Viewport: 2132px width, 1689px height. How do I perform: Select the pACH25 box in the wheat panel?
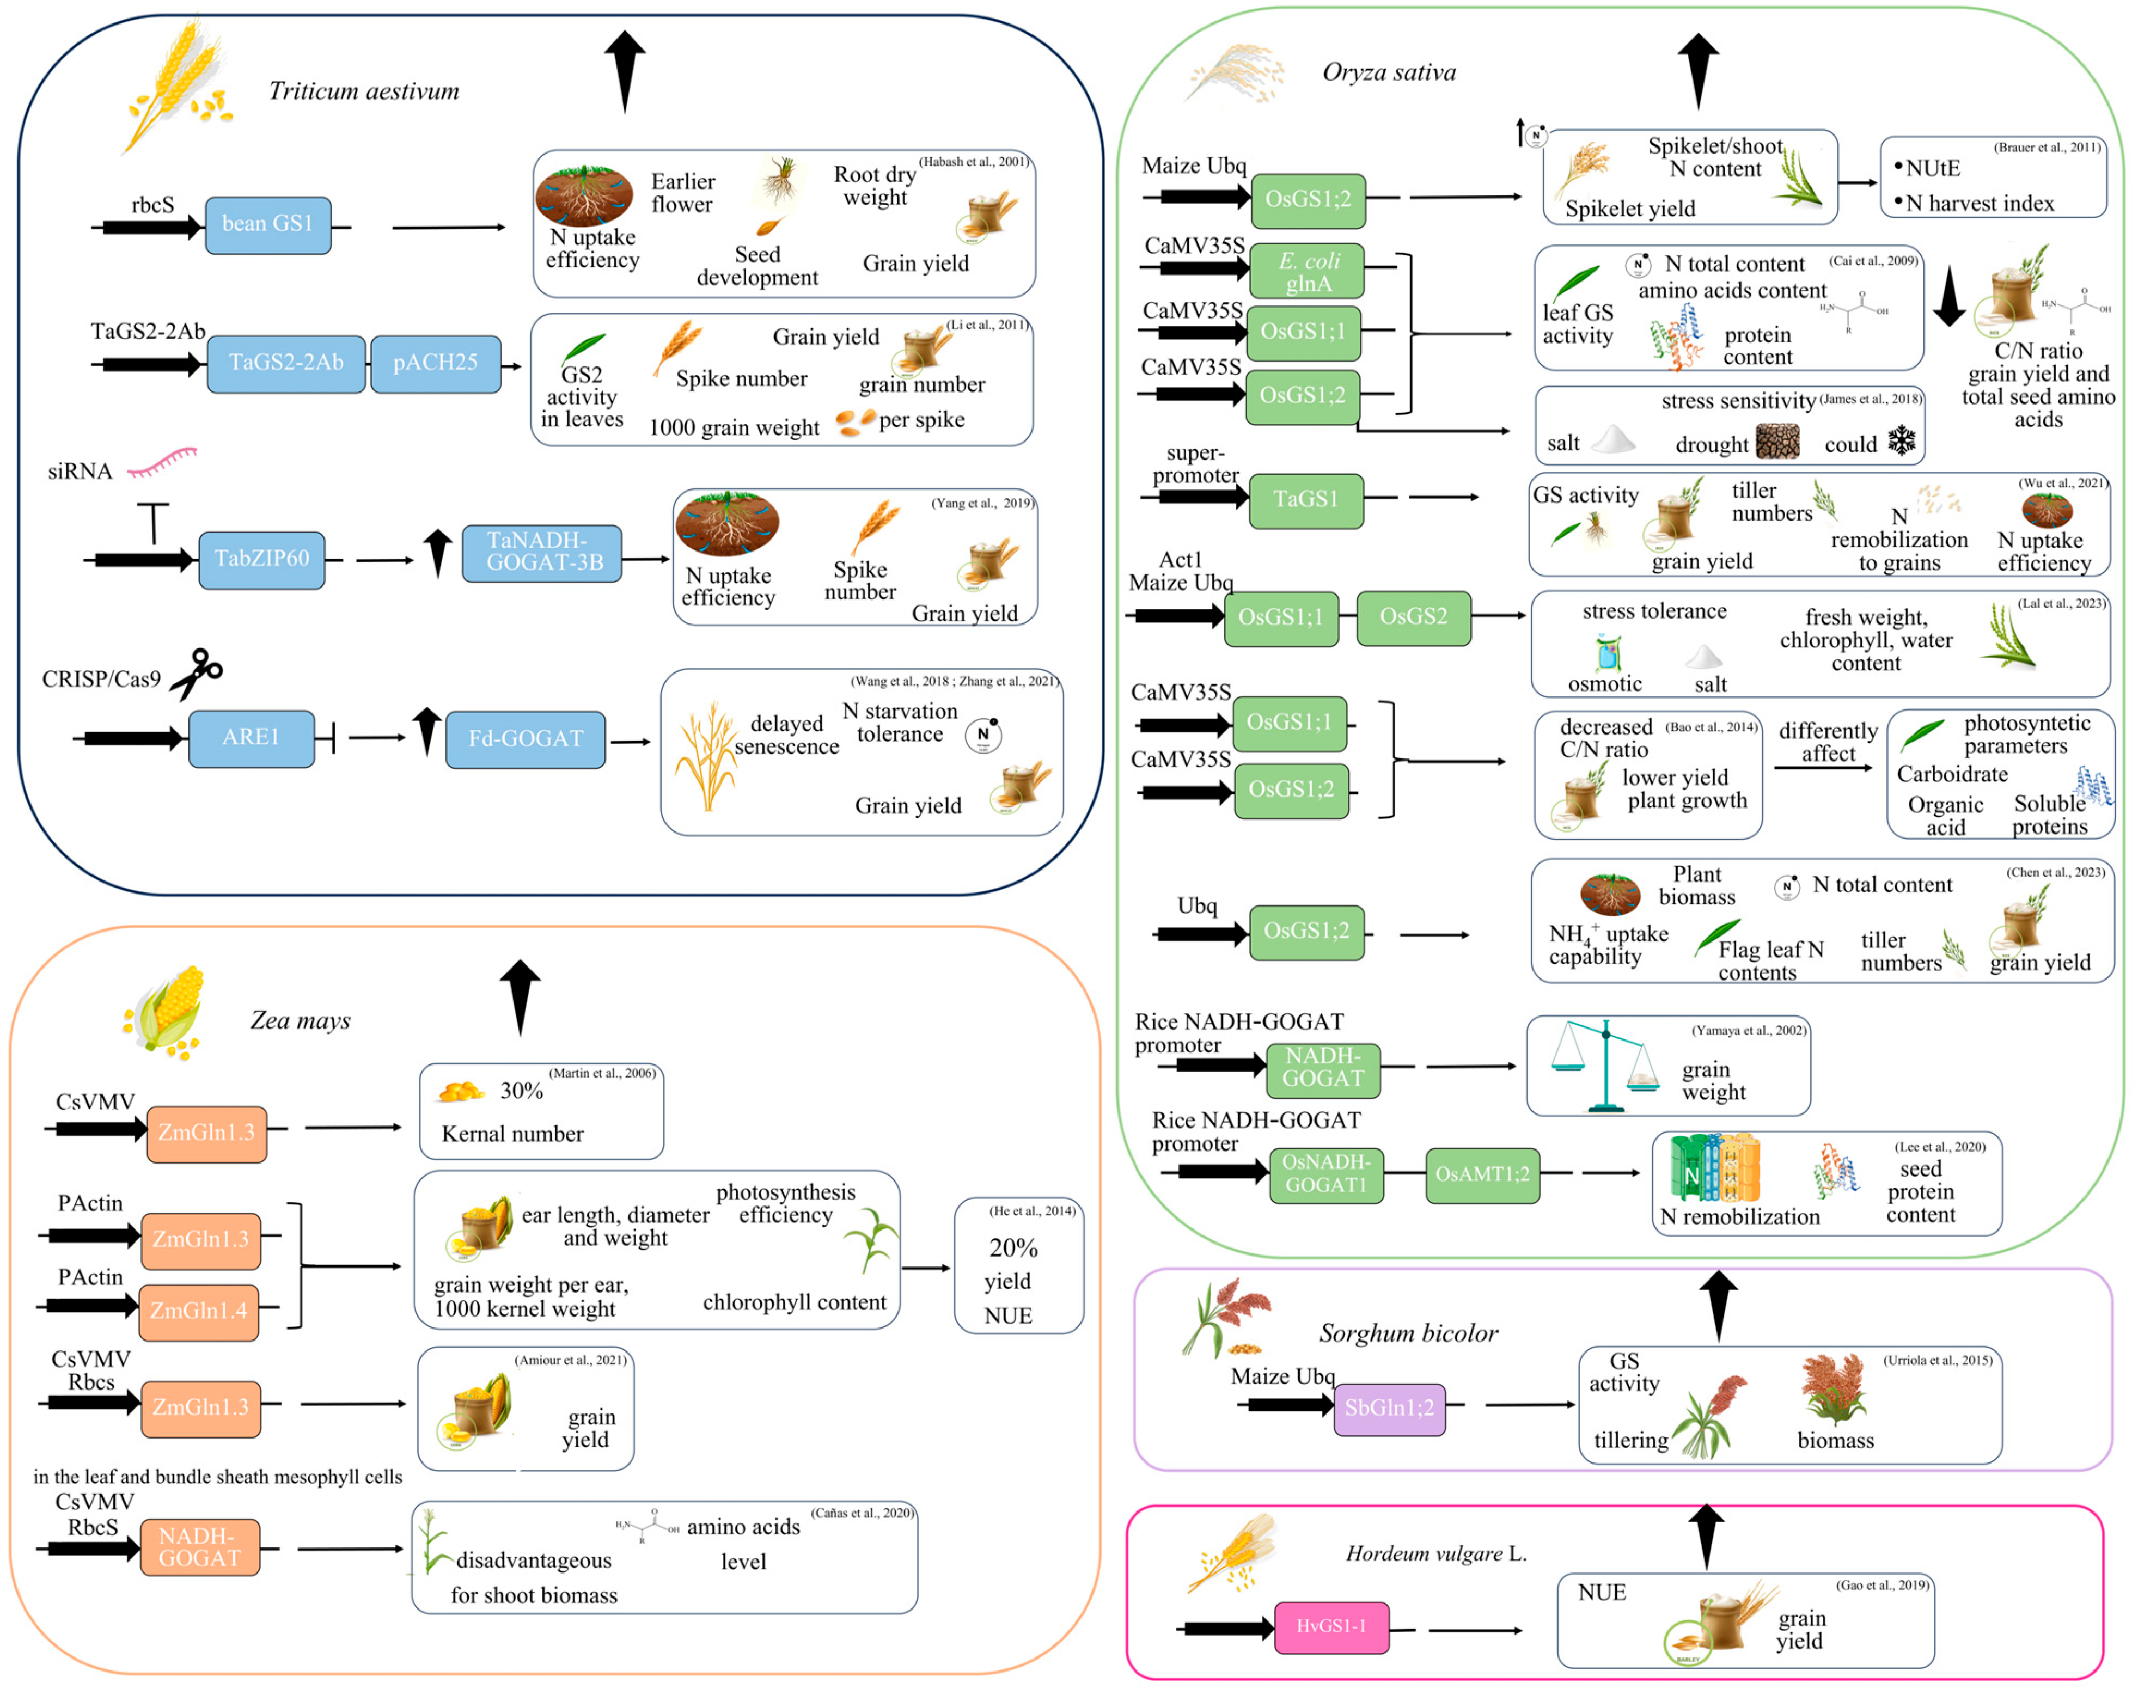[435, 363]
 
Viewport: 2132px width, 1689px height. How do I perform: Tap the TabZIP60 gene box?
[261, 559]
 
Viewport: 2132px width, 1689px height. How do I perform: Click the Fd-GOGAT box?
[525, 739]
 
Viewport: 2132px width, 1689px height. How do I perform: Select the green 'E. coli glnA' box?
[1308, 272]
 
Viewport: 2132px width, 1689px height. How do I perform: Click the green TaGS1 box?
[1305, 499]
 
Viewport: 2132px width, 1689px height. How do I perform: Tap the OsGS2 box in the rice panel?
[1413, 617]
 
